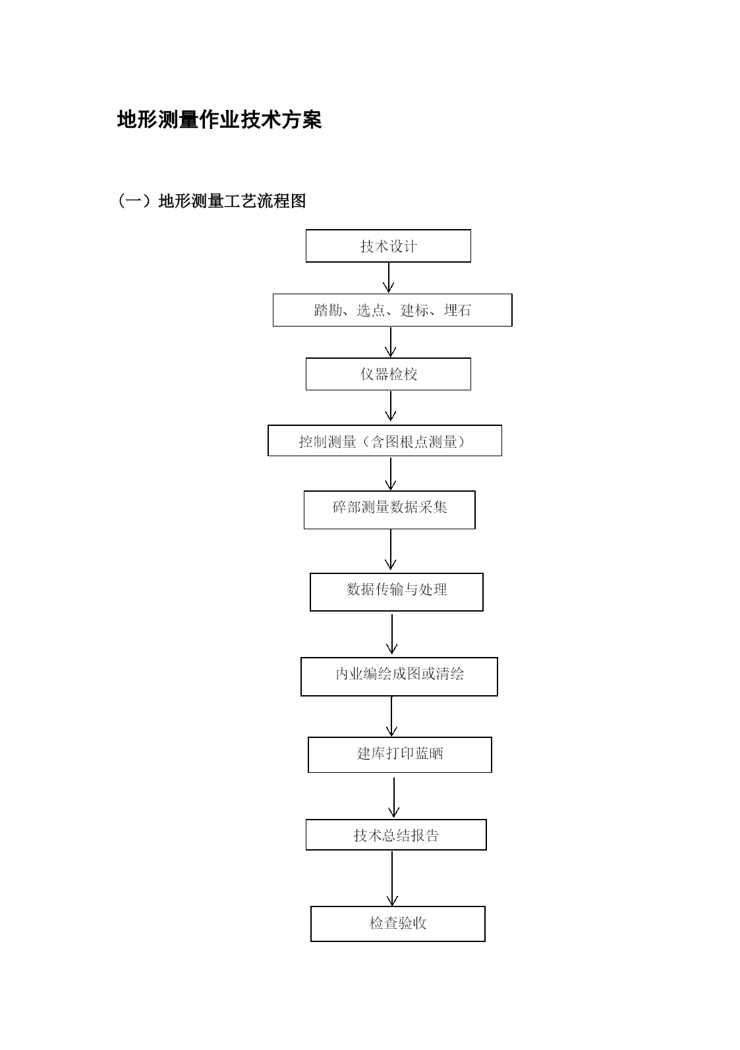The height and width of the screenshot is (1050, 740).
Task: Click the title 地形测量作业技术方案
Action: coord(219,120)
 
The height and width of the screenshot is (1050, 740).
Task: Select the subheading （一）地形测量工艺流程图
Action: coord(211,201)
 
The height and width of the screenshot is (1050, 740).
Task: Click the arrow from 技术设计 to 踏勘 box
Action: coord(389,278)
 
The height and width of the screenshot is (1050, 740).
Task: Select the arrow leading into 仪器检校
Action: coord(390,342)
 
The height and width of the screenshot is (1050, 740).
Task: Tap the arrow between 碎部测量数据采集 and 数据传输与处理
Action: coord(390,550)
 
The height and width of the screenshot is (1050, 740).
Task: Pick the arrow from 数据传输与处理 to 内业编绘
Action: coord(392,634)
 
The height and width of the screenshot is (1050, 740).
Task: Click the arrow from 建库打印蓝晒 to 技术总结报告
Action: coord(393,797)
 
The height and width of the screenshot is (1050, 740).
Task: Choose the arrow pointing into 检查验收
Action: coord(392,878)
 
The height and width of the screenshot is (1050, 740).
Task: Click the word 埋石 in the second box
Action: coord(457,310)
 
